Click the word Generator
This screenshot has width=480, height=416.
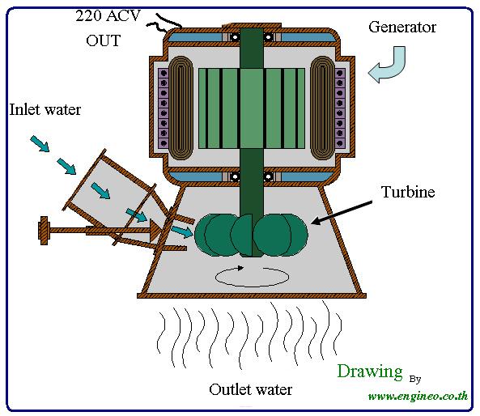point(402,27)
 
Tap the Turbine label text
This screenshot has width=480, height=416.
point(408,192)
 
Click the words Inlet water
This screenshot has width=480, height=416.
point(45,109)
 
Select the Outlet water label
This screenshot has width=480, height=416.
point(250,389)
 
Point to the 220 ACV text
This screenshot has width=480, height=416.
point(108,15)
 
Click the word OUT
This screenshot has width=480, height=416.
point(103,40)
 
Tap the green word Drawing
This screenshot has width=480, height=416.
point(370,371)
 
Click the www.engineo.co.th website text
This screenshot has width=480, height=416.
point(418,396)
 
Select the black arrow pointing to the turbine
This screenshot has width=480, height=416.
point(342,212)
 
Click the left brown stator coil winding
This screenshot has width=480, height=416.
point(181,108)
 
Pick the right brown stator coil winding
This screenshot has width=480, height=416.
point(322,108)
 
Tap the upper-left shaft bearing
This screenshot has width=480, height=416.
point(235,37)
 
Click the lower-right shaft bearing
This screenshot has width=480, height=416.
point(269,176)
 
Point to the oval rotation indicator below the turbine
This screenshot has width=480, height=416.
point(252,277)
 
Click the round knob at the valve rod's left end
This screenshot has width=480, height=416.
point(44,231)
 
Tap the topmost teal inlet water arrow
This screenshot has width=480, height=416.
point(40,144)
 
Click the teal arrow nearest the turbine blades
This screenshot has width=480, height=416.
point(182,231)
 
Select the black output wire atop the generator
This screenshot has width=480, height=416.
point(164,23)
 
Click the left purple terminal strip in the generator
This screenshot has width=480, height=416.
point(164,108)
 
